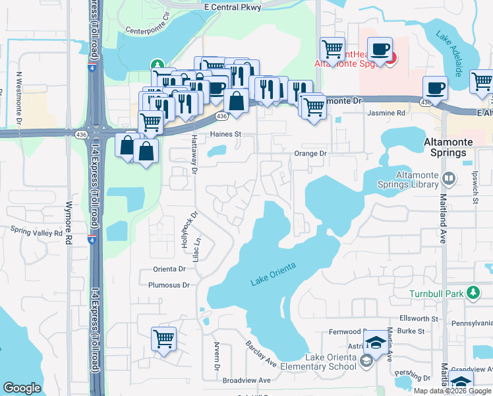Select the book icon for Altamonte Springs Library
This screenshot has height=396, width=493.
click(449, 178)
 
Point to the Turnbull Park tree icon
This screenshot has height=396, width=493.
click(472, 292)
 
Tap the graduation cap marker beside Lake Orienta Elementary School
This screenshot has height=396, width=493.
click(376, 342)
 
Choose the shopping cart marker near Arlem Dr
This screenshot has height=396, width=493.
click(163, 339)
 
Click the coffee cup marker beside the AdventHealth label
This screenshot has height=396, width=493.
click(380, 49)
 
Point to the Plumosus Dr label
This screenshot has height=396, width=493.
click(168, 285)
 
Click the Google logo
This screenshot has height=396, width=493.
click(22, 388)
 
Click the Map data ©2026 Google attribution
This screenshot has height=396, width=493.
click(453, 391)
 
